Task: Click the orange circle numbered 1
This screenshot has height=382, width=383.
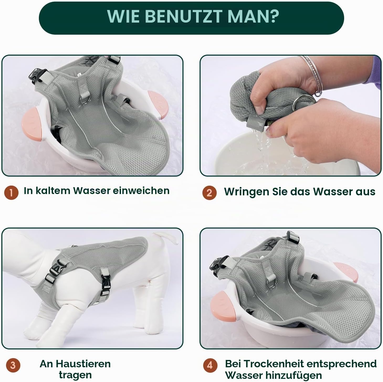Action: pyautogui.click(x=11, y=192)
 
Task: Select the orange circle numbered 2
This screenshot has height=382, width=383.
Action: pyautogui.click(x=209, y=192)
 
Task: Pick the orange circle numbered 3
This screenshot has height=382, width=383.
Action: pyautogui.click(x=13, y=365)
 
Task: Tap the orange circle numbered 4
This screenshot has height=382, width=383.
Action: pyautogui.click(x=210, y=365)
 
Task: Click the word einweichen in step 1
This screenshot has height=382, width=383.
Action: pyautogui.click(x=141, y=191)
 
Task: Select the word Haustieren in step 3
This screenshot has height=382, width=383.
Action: pyautogui.click(x=83, y=364)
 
